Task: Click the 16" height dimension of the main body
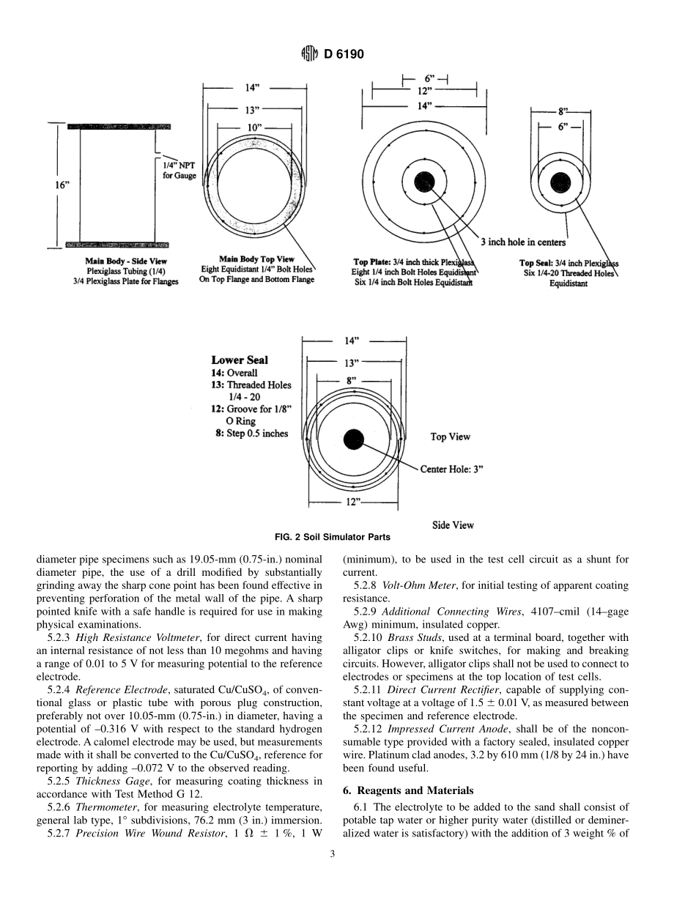[x=62, y=185]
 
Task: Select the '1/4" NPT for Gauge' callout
[x=178, y=171]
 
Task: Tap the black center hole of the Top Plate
[x=424, y=182]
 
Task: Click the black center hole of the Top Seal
[x=560, y=183]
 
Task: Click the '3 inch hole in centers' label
[x=522, y=242]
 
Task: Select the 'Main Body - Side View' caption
[x=126, y=261]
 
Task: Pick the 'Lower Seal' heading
[x=240, y=360]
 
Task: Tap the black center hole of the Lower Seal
[x=354, y=440]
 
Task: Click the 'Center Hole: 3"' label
[x=451, y=469]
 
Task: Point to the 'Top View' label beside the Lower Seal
[x=450, y=437]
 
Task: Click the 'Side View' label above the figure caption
[x=453, y=524]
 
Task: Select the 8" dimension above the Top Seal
[x=563, y=112]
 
